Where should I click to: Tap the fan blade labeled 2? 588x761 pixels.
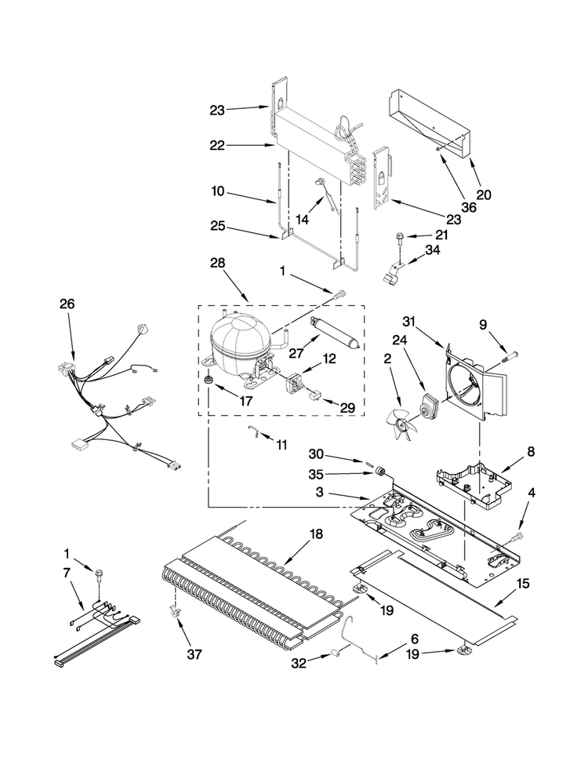point(401,424)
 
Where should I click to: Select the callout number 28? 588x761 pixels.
point(218,263)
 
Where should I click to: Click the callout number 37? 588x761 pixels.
point(194,654)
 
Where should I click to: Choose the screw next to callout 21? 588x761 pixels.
point(401,237)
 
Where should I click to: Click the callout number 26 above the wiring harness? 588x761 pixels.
point(67,304)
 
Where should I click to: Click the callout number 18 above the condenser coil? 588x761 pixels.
point(315,534)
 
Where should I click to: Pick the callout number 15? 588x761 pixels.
point(523,584)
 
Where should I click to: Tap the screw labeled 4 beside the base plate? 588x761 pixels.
point(517,536)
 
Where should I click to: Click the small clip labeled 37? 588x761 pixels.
point(173,613)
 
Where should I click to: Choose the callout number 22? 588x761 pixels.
point(217,145)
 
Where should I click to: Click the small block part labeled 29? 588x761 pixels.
point(314,396)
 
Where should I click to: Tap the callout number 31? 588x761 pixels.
point(409,322)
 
